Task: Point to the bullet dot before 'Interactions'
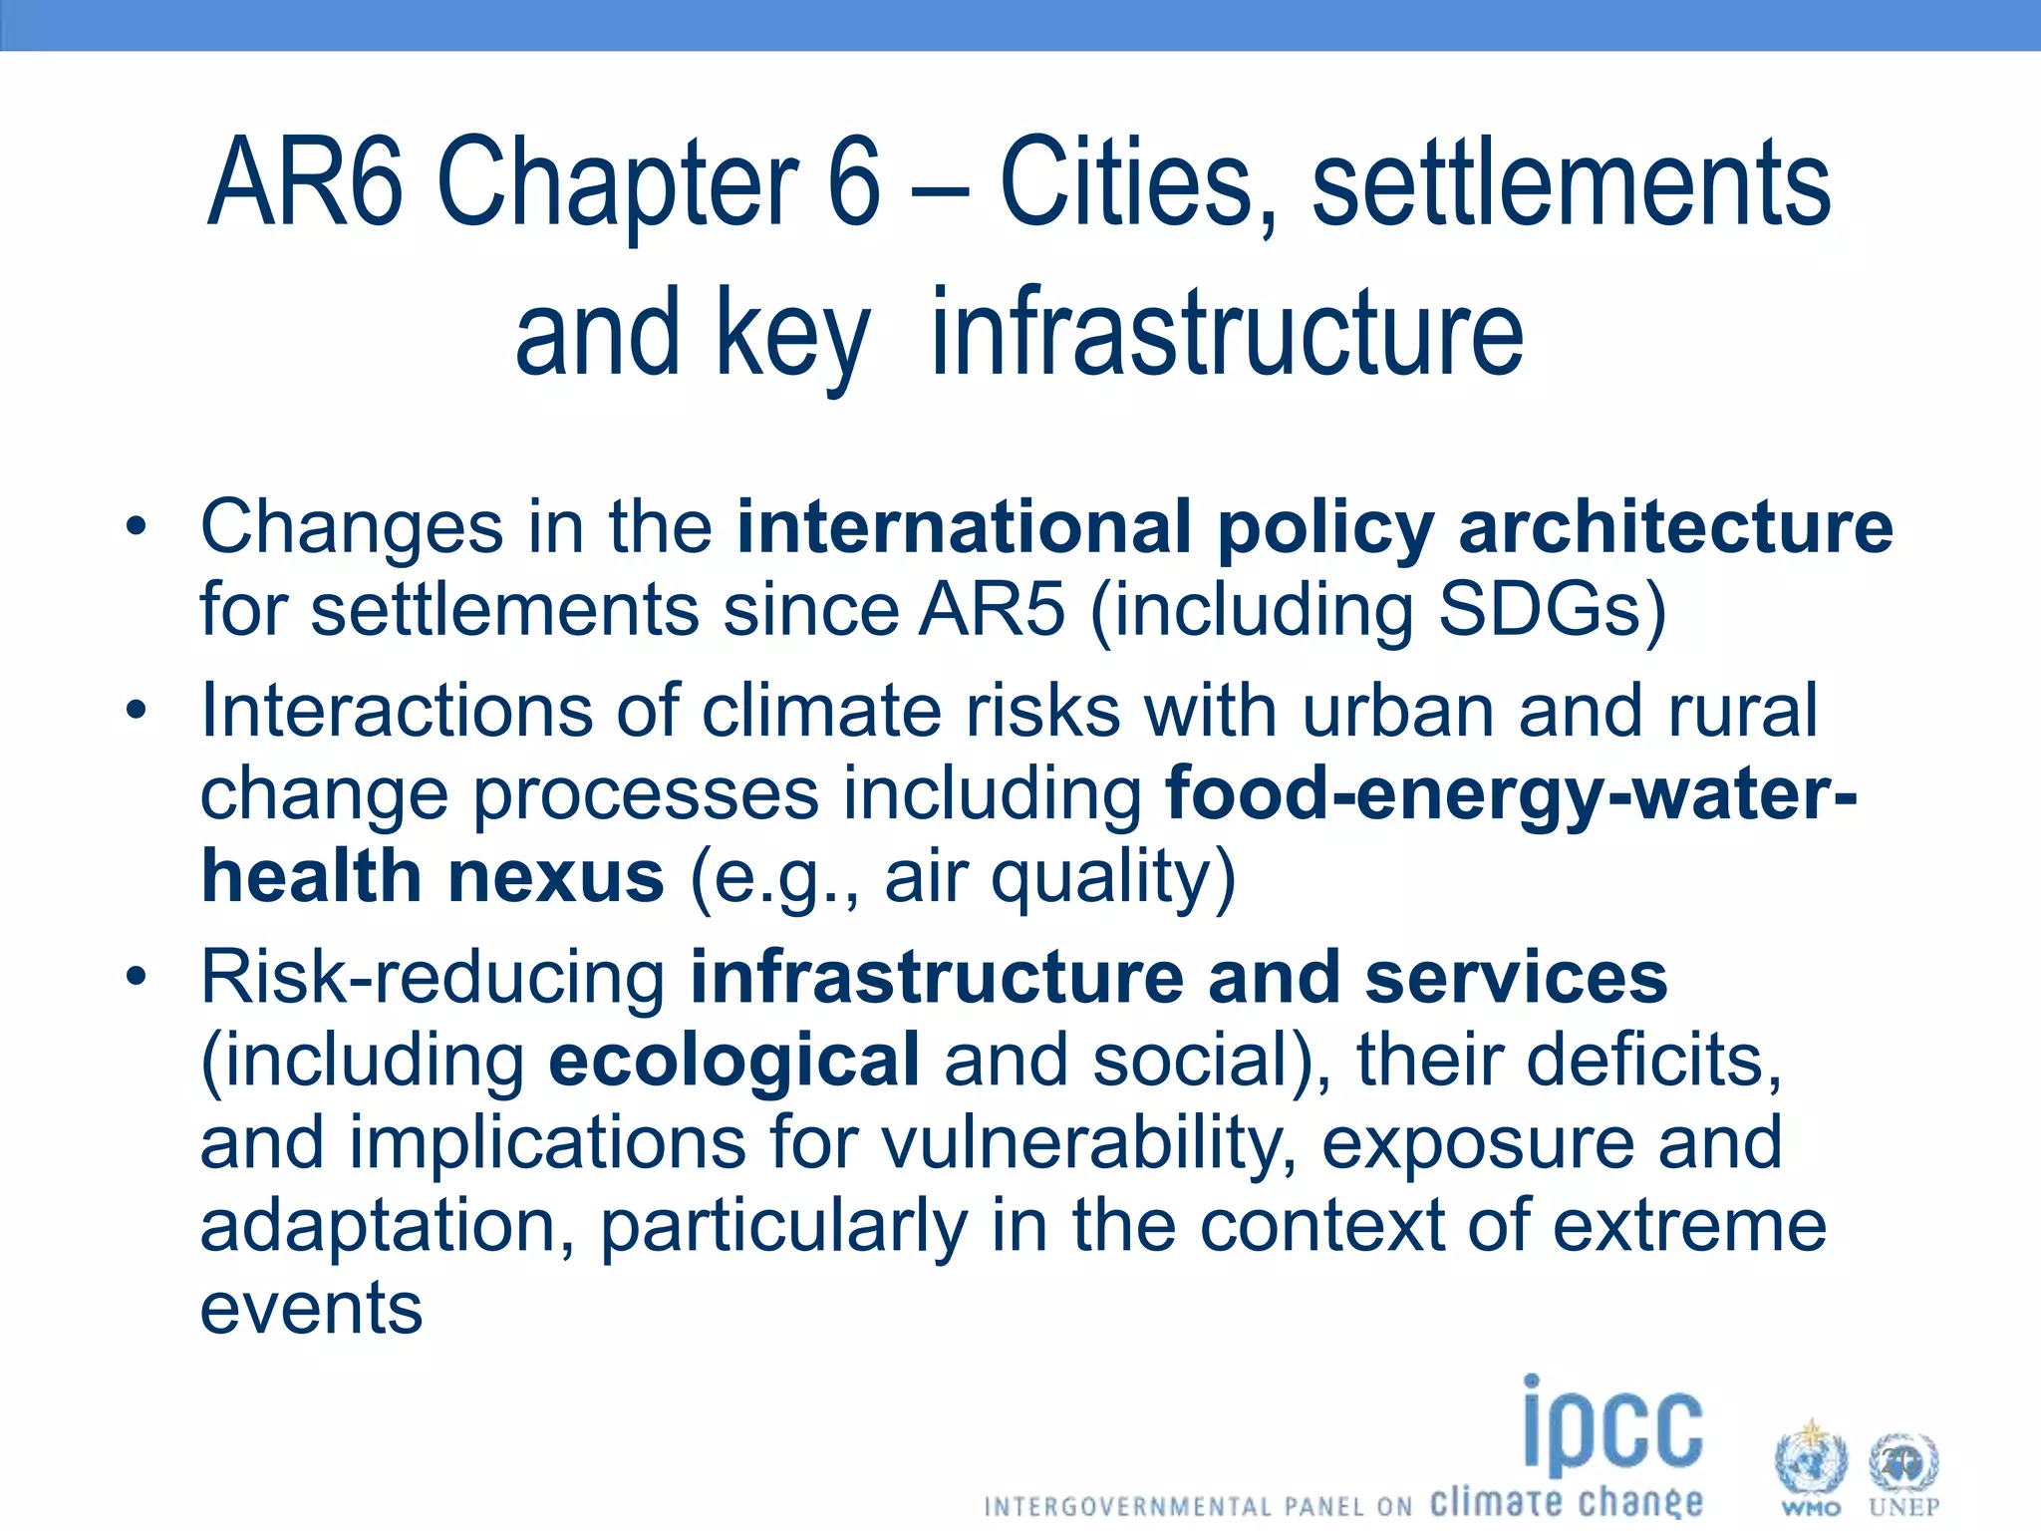pos(137,711)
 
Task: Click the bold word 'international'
pos(964,526)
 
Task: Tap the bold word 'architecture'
pos(1675,526)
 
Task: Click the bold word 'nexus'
pos(556,876)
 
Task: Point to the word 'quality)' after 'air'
pos(1113,877)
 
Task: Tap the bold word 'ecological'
pos(733,1060)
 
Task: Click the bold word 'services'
pos(1516,977)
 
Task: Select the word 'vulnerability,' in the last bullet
pos(1089,1142)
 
